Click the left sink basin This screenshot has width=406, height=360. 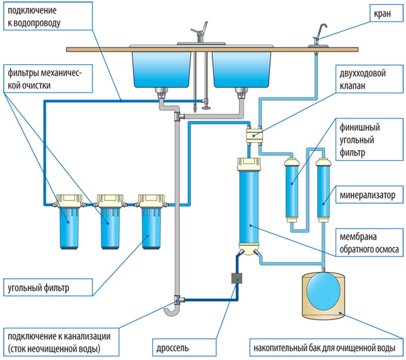coord(160,68)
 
